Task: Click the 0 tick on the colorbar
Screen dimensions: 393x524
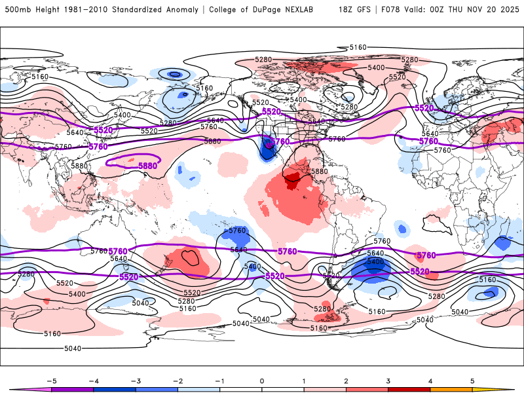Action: coord(261,380)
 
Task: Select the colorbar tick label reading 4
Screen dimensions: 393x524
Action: coord(430,380)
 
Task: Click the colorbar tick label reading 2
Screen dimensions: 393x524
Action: coord(346,380)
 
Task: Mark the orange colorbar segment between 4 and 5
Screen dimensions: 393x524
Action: coord(451,389)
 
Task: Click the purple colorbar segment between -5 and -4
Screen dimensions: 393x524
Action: coord(72,389)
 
